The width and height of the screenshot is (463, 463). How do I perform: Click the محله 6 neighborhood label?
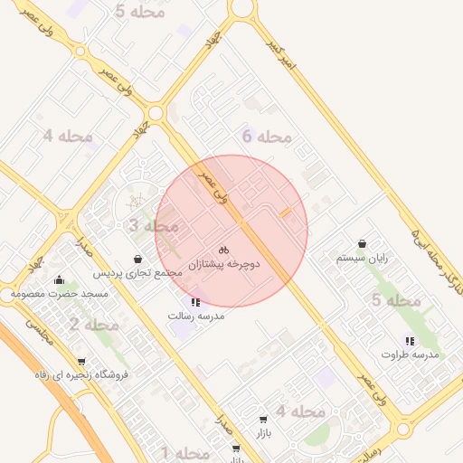267,137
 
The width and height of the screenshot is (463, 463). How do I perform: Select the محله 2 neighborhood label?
94,324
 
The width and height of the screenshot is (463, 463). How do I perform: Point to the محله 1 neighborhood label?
185,452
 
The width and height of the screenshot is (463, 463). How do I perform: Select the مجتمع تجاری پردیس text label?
137,272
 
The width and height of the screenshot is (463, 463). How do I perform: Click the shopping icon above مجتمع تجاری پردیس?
137,259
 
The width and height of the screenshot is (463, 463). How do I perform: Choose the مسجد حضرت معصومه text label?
60,294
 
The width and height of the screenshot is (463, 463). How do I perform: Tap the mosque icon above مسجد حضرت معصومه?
60,279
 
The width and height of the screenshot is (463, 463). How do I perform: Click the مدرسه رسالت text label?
196,316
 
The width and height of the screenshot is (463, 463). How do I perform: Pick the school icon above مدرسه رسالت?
195,302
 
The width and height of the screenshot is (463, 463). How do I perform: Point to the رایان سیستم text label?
362,258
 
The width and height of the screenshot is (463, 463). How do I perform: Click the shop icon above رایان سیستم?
362,243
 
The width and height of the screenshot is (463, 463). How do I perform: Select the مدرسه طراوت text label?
411,354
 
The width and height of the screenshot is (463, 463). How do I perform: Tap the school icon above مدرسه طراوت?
410,341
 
